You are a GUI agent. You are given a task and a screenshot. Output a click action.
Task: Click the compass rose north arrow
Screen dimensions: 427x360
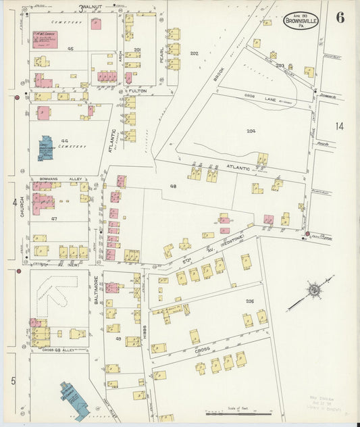click(x=313, y=291)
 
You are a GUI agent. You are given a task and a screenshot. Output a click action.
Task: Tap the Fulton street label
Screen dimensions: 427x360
click(x=138, y=91)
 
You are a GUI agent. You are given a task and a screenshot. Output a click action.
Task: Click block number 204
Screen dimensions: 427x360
click(x=251, y=131)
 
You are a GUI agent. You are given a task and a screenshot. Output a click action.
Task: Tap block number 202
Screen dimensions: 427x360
click(x=195, y=53)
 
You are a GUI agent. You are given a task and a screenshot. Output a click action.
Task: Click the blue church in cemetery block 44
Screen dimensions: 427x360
click(x=45, y=149)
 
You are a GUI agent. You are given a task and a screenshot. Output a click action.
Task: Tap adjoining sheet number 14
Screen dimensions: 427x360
click(x=338, y=126)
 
